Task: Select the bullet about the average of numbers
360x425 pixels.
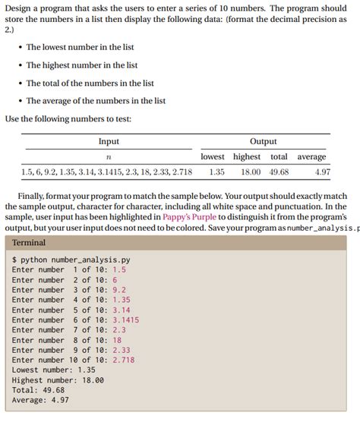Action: click(x=96, y=100)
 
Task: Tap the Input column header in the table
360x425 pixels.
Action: click(x=109, y=141)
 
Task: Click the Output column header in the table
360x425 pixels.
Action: click(x=263, y=141)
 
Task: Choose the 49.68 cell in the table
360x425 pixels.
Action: click(x=279, y=172)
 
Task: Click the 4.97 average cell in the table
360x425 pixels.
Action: click(x=322, y=172)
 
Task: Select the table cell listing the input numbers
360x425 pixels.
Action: click(x=107, y=172)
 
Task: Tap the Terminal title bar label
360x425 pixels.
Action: click(x=29, y=243)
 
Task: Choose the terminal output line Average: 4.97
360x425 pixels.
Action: click(x=40, y=400)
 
